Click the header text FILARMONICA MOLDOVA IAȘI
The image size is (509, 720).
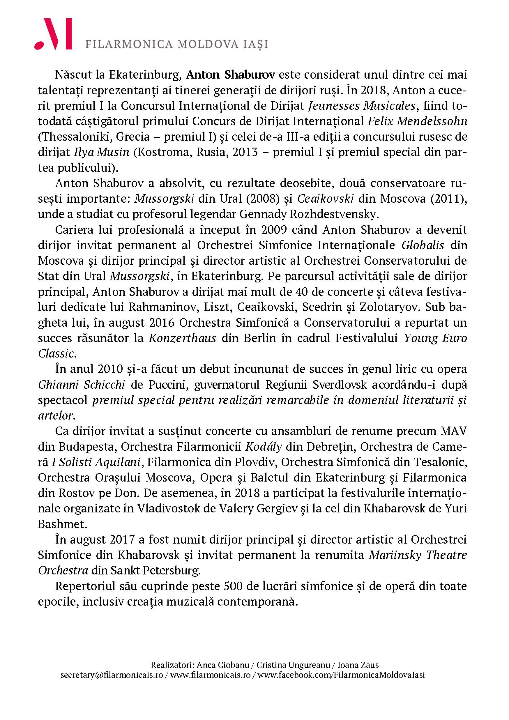click(x=176, y=44)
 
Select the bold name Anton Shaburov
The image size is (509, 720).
click(x=231, y=75)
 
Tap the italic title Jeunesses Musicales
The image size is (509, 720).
click(x=362, y=106)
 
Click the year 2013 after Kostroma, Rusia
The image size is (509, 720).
click(x=245, y=152)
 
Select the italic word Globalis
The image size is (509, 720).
click(x=423, y=245)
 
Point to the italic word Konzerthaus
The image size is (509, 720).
click(x=182, y=338)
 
